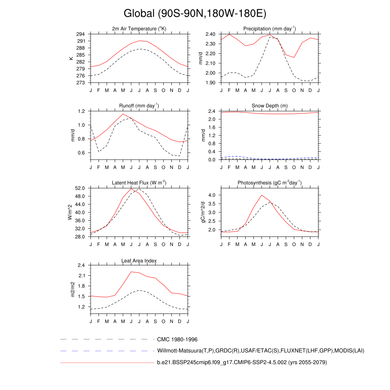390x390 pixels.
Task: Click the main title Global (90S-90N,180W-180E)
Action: coord(195,14)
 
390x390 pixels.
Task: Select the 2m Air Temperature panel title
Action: coord(139,29)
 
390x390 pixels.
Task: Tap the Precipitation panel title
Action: coord(270,29)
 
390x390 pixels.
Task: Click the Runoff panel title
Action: coord(139,106)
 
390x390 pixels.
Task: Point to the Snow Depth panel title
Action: coord(270,106)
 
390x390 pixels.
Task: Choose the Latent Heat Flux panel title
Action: coord(139,183)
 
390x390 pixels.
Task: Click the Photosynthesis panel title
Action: coord(270,183)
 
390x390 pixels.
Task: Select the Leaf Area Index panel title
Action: coord(139,261)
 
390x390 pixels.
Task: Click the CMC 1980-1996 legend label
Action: coord(177,339)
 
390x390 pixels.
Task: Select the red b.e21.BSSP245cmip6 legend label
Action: coord(242,362)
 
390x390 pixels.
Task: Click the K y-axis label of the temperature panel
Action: coord(71,58)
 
